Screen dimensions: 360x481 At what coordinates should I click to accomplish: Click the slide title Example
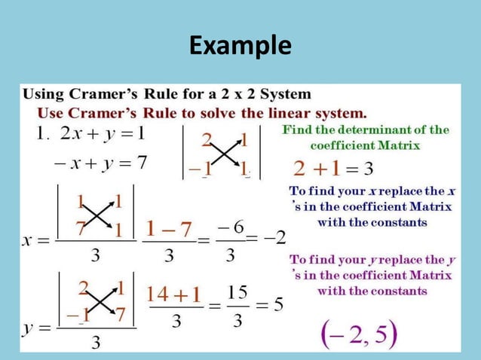click(x=240, y=46)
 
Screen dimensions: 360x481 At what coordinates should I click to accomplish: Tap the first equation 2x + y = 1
click(x=101, y=134)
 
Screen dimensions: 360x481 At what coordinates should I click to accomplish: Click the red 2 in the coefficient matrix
click(x=206, y=139)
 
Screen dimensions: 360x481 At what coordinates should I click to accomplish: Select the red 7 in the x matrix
click(x=79, y=227)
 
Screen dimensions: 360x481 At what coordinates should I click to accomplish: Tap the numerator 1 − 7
click(x=168, y=227)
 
